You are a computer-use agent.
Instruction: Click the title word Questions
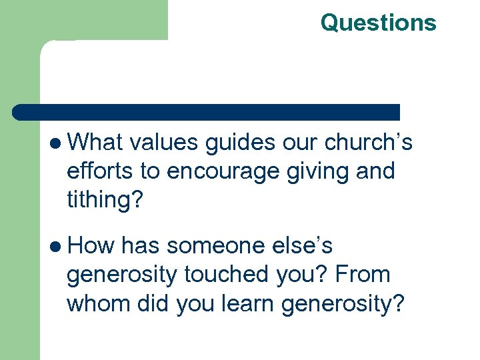coord(378,22)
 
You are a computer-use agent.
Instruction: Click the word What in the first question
coord(95,143)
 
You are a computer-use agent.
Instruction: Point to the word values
coord(164,143)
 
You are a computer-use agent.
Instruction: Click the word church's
coord(369,143)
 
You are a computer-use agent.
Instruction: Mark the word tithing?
coord(105,199)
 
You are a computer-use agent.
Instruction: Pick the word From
coord(364,274)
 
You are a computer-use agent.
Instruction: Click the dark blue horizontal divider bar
coord(207,111)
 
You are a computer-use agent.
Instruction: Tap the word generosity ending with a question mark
coord(343,303)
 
